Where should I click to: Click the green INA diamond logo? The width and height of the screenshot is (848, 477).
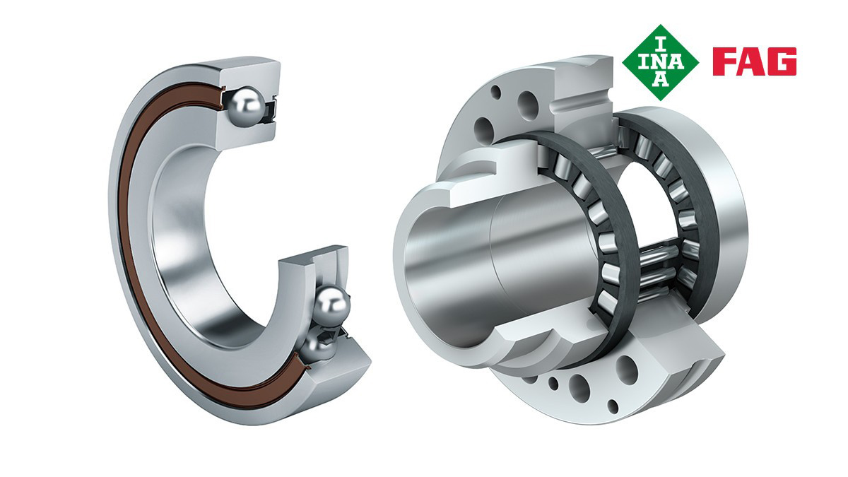tap(661, 62)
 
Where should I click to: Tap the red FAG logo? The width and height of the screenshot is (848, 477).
tap(755, 61)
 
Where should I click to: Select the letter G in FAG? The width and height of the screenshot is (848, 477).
tap(783, 61)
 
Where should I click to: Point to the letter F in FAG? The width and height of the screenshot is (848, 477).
tap(724, 61)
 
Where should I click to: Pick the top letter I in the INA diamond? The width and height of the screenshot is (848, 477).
tap(661, 45)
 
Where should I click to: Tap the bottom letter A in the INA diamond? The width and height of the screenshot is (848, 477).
tap(661, 80)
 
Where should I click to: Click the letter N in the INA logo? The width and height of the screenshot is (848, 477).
tap(661, 62)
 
